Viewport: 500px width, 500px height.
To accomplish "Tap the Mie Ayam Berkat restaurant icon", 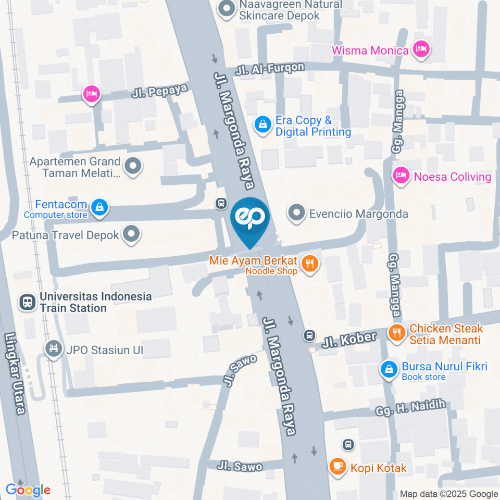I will (310, 264).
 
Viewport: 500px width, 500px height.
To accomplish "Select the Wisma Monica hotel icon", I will (420, 50).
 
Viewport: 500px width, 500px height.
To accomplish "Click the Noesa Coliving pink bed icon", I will (401, 177).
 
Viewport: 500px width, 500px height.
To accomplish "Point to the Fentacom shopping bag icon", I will (98, 207).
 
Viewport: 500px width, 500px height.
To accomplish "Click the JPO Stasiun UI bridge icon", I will (53, 349).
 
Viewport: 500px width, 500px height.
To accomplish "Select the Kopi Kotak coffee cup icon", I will (337, 467).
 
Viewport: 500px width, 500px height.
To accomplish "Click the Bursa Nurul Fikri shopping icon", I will (389, 369).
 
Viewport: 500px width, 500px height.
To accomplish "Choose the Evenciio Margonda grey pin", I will (297, 213).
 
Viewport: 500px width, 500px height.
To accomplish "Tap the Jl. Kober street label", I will (348, 340).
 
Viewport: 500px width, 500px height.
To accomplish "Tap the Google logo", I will (28, 490).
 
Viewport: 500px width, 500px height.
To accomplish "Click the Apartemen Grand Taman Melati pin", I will (133, 167).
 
